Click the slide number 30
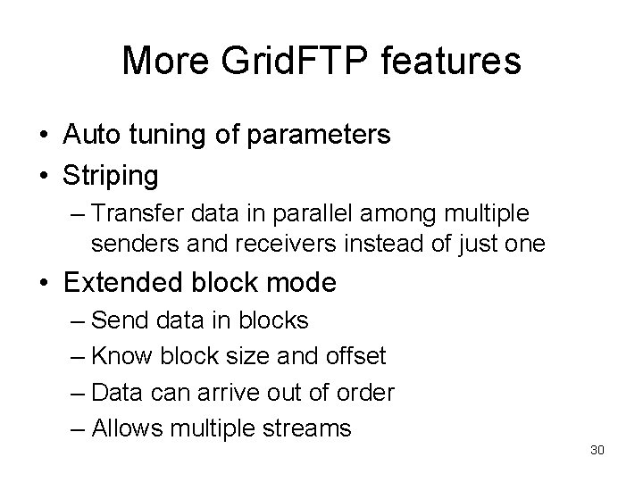pyautogui.click(x=597, y=450)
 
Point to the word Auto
pyautogui.click(x=95, y=135)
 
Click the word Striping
pyautogui.click(x=111, y=176)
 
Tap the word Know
pyautogui.click(x=124, y=356)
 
